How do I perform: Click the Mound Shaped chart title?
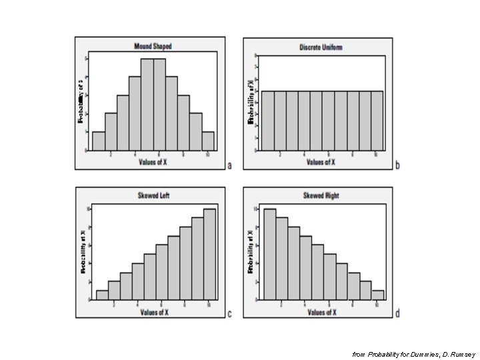point(153,47)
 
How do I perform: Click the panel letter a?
point(230,165)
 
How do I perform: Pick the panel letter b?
point(397,165)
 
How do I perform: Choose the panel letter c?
point(230,314)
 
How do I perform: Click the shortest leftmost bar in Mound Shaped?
point(98,141)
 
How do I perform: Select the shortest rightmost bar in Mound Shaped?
point(208,141)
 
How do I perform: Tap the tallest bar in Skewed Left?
point(209,254)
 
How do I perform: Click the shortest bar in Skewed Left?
point(102,295)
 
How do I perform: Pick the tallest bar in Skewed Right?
point(269,254)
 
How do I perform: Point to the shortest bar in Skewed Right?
point(378,295)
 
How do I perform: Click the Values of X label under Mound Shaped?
point(153,161)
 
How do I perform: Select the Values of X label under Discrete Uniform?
point(321,161)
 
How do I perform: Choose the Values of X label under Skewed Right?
point(321,311)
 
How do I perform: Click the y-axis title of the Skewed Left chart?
point(83,252)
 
